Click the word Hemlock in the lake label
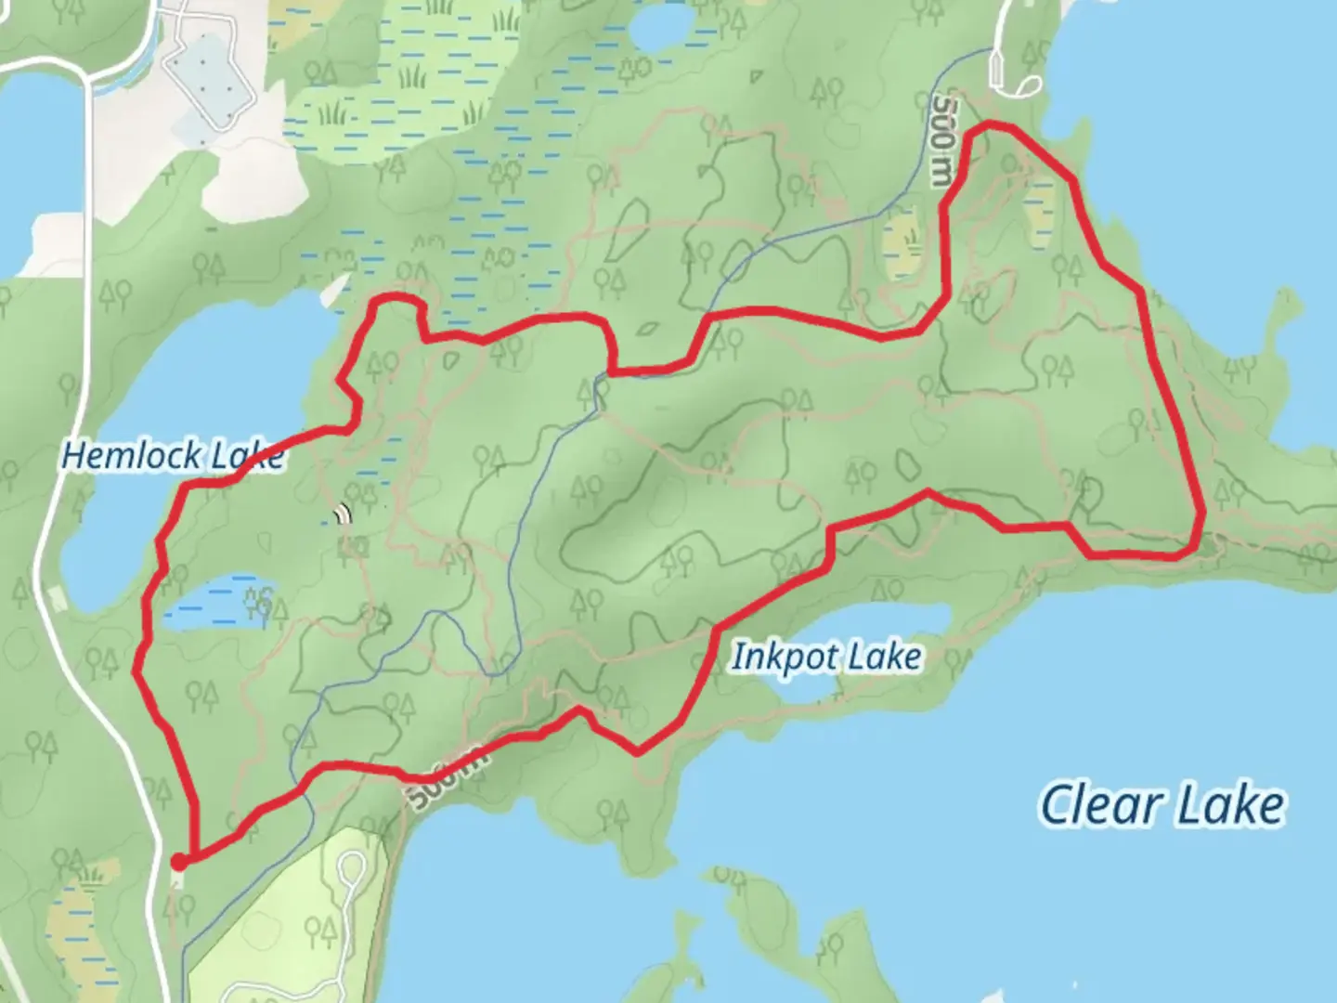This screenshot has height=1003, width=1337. (130, 456)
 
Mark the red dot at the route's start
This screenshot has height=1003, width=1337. (177, 862)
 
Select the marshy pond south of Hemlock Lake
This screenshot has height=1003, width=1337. (218, 604)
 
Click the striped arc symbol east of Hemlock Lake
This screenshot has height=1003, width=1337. (345, 514)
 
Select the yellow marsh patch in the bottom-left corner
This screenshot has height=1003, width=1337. (79, 929)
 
